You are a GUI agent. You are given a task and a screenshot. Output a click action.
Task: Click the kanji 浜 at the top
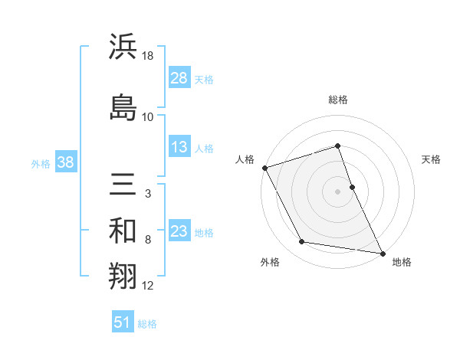coord(123,47)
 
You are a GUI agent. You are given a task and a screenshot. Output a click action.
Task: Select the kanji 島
coord(123,106)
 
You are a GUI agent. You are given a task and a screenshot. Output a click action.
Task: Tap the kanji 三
coord(123,185)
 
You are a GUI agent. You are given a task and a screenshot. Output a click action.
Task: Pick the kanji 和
coord(123,231)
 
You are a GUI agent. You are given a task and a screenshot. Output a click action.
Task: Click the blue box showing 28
coord(179,79)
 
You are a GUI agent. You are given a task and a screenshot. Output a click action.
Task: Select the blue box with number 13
coord(179,148)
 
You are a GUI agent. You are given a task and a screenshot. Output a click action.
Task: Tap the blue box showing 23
coord(179,232)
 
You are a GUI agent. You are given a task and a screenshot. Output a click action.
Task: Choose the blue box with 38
coord(65,163)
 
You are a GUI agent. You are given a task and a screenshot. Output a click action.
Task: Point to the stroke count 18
coord(148,56)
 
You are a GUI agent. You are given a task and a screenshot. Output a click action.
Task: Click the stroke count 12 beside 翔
coord(148,286)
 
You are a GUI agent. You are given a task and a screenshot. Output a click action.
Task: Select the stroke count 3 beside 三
coord(147,194)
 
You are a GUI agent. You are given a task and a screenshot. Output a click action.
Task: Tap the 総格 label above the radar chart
coord(338,100)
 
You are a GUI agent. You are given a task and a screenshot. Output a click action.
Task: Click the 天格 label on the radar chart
coord(432,159)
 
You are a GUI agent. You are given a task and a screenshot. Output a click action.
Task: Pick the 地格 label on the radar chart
coord(402,262)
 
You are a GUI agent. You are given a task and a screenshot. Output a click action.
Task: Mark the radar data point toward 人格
coord(264,168)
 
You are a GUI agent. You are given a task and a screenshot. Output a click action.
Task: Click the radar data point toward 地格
coord(382,252)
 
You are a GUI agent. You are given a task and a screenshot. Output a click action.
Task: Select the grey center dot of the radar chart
coord(338,191)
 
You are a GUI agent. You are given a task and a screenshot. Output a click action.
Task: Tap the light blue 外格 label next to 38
coord(41,163)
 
